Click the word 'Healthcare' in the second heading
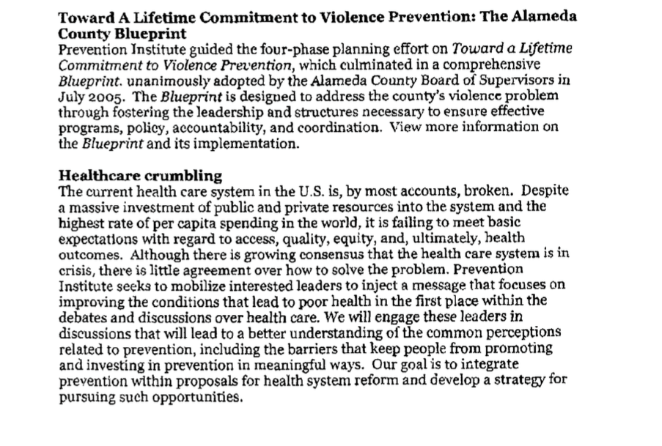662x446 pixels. click(96, 176)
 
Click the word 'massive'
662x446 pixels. click(90, 207)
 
